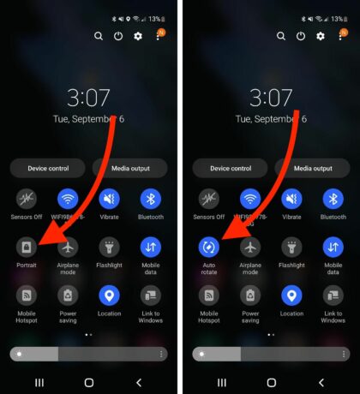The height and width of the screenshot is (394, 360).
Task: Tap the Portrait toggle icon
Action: coord(27,248)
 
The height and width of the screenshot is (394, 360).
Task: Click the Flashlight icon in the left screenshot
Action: coord(109,248)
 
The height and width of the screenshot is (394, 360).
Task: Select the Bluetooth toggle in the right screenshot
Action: coord(333,200)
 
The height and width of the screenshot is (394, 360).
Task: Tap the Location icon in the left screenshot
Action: coord(109,295)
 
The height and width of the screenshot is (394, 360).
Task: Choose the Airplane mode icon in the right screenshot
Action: coord(249,248)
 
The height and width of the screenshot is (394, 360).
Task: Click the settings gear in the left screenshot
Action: coord(139,36)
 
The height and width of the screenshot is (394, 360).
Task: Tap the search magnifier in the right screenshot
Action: coord(279,36)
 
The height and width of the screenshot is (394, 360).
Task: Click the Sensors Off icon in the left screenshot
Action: coord(27,200)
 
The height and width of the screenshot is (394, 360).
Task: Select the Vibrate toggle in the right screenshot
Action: coord(291,200)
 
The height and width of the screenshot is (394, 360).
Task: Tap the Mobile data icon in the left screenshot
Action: coord(151,248)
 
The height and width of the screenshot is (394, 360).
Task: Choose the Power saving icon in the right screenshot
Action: coord(249,295)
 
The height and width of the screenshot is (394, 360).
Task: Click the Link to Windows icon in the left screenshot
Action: coord(151,295)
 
